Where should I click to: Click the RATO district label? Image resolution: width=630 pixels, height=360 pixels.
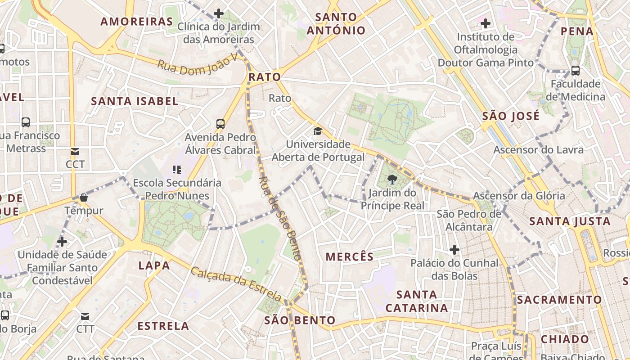(265, 77)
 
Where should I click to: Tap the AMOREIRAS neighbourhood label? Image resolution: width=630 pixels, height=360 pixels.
(136, 22)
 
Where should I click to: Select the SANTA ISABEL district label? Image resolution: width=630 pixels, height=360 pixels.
(135, 101)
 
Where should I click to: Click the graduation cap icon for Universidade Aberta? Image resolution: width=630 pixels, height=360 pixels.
(318, 131)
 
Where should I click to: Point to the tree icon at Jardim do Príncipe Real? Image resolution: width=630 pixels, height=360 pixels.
(392, 180)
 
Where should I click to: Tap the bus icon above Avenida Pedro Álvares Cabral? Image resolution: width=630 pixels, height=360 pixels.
(220, 124)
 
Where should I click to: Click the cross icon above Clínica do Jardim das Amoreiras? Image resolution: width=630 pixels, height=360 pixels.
(219, 13)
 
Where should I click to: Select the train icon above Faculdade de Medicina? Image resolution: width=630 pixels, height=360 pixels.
(575, 70)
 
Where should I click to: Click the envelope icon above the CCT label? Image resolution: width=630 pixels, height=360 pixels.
(75, 152)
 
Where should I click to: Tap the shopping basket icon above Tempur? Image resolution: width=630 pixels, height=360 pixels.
(83, 198)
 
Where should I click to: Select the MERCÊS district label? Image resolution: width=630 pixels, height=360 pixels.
(349, 257)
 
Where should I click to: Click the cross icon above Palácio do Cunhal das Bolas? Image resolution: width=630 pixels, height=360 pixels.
(454, 249)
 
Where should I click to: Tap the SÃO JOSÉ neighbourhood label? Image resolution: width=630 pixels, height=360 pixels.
(511, 116)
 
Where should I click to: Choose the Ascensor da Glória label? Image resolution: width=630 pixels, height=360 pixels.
(518, 196)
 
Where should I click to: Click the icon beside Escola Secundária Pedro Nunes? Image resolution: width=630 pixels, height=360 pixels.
(177, 170)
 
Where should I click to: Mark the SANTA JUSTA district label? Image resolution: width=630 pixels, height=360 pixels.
(570, 221)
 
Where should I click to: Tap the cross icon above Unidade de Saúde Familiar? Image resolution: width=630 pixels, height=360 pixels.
(62, 242)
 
